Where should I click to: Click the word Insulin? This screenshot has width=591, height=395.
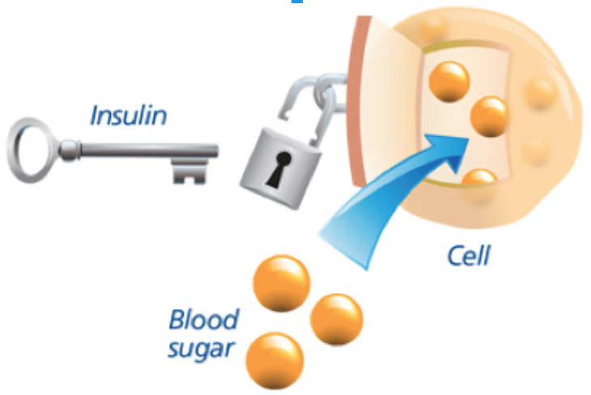tap(127, 115)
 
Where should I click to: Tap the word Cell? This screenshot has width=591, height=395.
tap(470, 257)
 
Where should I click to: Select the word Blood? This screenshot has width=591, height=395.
tap(203, 320)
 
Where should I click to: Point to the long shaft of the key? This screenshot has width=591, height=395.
tap(138, 151)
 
